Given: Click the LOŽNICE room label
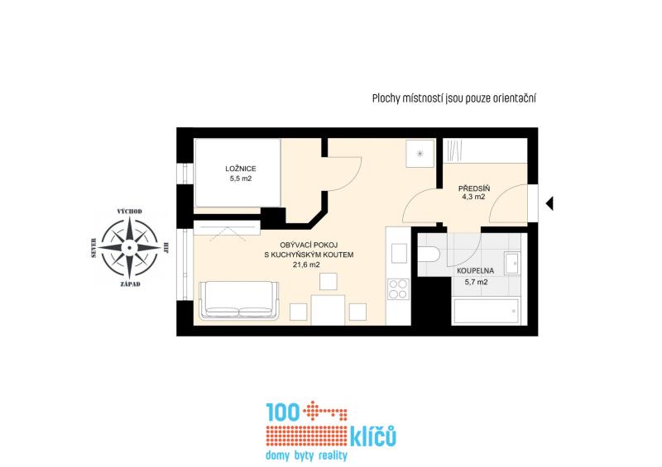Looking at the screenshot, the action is [241, 169].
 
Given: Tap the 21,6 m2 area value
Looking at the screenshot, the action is [306, 265].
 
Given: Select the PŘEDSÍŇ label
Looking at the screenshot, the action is [474, 188].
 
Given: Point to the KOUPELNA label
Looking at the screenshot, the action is [475, 271].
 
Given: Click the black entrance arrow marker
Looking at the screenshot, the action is [549, 203].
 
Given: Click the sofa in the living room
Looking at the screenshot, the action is [238, 299].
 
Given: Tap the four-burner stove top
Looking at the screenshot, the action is [398, 289].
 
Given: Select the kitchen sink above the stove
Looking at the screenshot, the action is [399, 253].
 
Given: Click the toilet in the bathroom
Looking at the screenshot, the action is [429, 255].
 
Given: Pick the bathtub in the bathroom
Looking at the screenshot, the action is [486, 312].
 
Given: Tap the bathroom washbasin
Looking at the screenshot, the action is [512, 263].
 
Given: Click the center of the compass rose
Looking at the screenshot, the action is [130, 248].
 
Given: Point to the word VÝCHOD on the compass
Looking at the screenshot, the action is [130, 212].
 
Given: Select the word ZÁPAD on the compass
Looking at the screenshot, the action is [130, 284].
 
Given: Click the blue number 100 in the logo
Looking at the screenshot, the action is [282, 412].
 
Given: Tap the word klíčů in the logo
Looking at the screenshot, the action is [373, 436].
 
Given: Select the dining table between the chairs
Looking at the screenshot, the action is [328, 310].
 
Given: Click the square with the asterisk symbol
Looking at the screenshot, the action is [420, 154].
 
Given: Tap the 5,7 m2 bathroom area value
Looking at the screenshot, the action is [477, 282].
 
